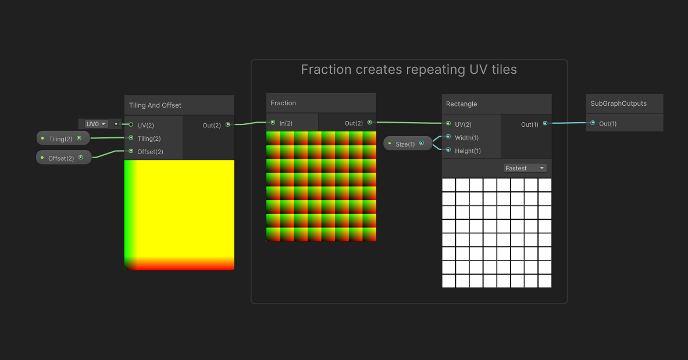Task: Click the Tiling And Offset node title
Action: point(155,105)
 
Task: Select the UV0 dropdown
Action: point(96,124)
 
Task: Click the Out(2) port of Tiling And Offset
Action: point(227,124)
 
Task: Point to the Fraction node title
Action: point(283,103)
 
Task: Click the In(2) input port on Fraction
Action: point(273,123)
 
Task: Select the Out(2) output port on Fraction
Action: point(369,123)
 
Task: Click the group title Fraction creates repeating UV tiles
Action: point(409,70)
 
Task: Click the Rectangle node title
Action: point(461,104)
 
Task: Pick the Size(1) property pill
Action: point(408,144)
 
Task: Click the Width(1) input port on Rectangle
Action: point(448,137)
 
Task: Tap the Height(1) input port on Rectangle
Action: point(448,151)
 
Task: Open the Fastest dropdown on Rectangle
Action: point(525,168)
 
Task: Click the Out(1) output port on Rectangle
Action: point(545,124)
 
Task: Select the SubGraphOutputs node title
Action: point(618,104)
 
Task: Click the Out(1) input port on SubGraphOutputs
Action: point(593,123)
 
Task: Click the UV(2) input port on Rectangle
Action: point(448,124)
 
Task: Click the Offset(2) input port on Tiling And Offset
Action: point(131,151)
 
